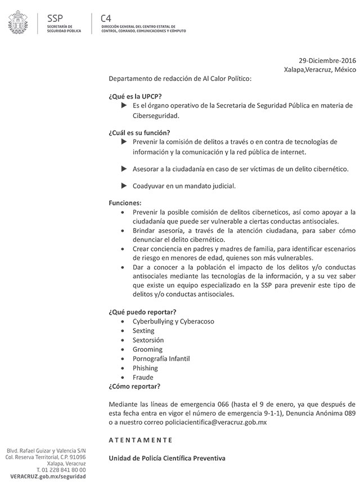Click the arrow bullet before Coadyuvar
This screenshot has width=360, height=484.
pyautogui.click(x=124, y=185)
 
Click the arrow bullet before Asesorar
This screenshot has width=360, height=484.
pyautogui.click(x=124, y=168)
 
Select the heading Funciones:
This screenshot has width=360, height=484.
pyautogui.click(x=125, y=203)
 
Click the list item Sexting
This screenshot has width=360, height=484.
pyautogui.click(x=143, y=331)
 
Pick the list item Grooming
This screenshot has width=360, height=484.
pyautogui.click(x=147, y=349)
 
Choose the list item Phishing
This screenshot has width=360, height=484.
pyautogui.click(x=146, y=368)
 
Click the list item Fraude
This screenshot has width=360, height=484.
pyautogui.click(x=143, y=377)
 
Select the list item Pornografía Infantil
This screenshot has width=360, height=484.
pyautogui.click(x=161, y=358)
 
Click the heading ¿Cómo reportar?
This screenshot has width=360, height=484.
pyautogui.click(x=134, y=386)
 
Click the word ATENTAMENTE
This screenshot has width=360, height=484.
pyautogui.click(x=141, y=439)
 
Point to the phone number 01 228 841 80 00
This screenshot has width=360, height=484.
pyautogui.click(x=63, y=469)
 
